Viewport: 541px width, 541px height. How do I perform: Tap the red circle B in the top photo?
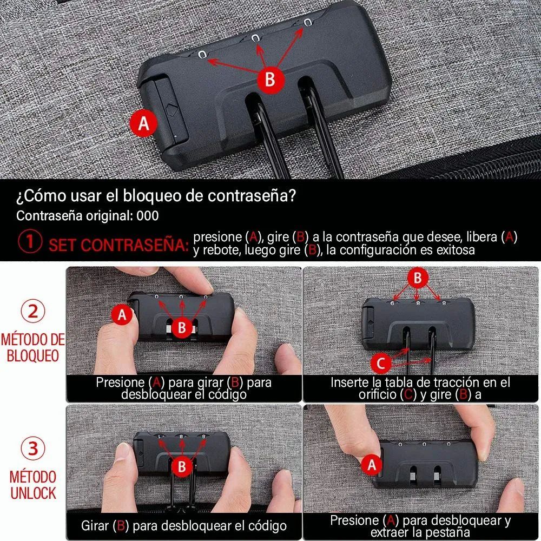point(270,79)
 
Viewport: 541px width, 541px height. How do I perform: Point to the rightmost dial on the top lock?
point(307,23)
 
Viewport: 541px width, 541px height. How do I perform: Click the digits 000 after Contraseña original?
point(148,216)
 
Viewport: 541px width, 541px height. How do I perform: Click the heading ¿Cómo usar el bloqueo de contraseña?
point(156,196)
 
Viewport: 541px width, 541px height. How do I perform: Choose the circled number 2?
point(32,312)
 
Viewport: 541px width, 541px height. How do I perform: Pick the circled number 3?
point(32,450)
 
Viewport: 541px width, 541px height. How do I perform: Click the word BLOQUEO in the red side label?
point(32,355)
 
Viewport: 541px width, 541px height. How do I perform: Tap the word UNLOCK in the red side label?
point(32,492)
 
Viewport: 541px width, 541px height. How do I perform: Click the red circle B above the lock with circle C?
point(417,278)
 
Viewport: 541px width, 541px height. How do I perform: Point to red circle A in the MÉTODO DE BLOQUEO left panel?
point(122,314)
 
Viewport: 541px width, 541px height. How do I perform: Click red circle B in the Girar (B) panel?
point(182,466)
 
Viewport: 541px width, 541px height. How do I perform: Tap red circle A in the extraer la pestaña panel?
point(372,464)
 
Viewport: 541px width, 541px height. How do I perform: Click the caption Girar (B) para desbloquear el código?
point(184,525)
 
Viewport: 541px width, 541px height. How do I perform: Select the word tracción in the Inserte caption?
point(453,383)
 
